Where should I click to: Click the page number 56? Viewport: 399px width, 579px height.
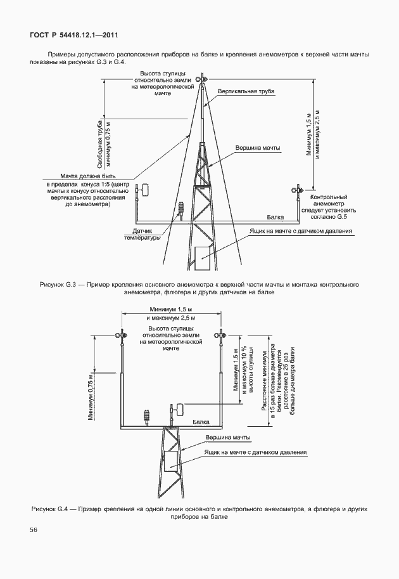pos(32,530)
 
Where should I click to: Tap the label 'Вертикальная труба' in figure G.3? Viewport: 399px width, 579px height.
pos(246,91)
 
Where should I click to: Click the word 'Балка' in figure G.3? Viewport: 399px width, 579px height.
pos(275,217)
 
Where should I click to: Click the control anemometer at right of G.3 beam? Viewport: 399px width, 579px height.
pos(296,189)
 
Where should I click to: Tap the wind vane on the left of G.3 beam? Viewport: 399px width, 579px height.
pos(144,189)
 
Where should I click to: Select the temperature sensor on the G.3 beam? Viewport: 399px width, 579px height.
pos(181,209)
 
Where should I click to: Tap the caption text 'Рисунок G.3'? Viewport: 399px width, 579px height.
pos(56,285)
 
